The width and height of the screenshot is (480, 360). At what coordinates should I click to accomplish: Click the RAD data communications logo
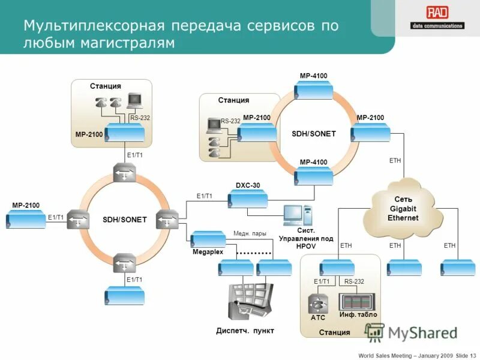(436, 17)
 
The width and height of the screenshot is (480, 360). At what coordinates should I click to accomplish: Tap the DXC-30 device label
(247, 185)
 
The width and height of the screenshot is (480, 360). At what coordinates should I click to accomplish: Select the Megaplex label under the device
(208, 252)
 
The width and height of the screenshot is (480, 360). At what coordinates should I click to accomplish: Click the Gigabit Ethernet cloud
(402, 208)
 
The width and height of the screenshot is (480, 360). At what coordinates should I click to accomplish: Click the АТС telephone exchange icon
(318, 302)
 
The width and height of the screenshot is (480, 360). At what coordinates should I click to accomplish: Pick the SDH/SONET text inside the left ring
(125, 220)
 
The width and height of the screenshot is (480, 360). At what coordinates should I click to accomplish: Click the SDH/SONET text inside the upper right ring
(314, 134)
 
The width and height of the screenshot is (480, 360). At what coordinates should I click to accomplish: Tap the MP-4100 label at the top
(313, 76)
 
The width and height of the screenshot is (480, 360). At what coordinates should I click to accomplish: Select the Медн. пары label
(250, 233)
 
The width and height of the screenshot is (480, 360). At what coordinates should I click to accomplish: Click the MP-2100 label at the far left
(26, 205)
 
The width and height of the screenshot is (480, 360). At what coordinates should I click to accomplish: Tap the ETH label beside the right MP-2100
(394, 160)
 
